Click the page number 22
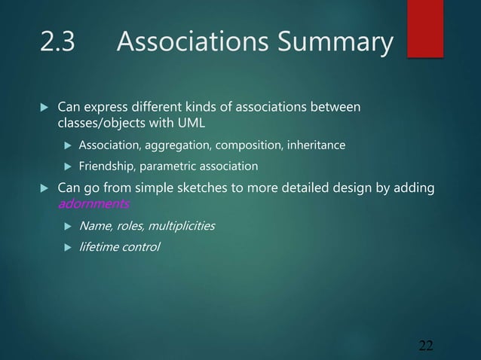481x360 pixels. tap(426, 346)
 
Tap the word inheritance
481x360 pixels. tap(317, 145)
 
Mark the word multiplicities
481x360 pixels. tap(179, 225)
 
